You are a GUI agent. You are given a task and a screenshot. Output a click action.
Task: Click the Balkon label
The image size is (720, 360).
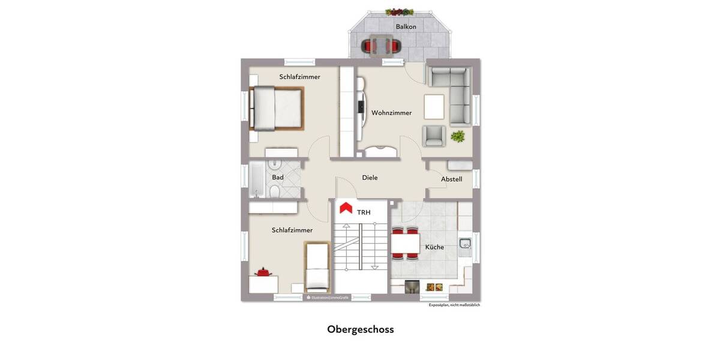tap(406, 26)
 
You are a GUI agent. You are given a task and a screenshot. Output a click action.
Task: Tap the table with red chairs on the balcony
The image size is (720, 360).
tap(379, 45)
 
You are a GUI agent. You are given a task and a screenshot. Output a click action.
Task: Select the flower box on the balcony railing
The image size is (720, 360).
tap(400, 11)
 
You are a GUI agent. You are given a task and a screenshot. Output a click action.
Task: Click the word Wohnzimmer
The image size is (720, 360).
tap(391, 113)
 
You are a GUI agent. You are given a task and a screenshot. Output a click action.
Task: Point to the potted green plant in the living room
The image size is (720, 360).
tap(458, 136)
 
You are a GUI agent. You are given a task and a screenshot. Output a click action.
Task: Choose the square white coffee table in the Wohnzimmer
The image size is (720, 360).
tap(434, 107)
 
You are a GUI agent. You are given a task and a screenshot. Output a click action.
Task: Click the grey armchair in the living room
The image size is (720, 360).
tap(434, 136)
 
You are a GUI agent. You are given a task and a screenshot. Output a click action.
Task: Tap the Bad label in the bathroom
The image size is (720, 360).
tap(278, 178)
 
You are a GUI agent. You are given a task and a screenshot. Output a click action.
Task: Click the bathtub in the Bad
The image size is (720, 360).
tap(256, 178)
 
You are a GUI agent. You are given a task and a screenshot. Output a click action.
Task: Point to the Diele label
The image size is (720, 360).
tap(370, 178)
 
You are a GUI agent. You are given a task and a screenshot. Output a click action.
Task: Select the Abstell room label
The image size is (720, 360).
tap(451, 179)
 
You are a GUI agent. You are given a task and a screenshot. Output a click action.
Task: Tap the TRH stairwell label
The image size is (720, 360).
tap(364, 212)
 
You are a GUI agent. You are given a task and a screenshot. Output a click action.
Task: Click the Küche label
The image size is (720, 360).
tap(434, 247)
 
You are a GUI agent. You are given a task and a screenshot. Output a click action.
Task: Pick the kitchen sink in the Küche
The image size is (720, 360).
tap(465, 244)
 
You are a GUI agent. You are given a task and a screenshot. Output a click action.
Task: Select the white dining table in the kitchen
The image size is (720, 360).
tap(405, 244)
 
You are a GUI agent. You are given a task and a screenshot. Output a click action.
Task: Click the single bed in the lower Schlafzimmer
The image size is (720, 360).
tap(316, 267)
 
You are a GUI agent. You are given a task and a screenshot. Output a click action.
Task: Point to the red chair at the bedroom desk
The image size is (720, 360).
tap(263, 272)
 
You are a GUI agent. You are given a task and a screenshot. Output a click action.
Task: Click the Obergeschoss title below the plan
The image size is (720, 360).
tap(360, 329)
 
